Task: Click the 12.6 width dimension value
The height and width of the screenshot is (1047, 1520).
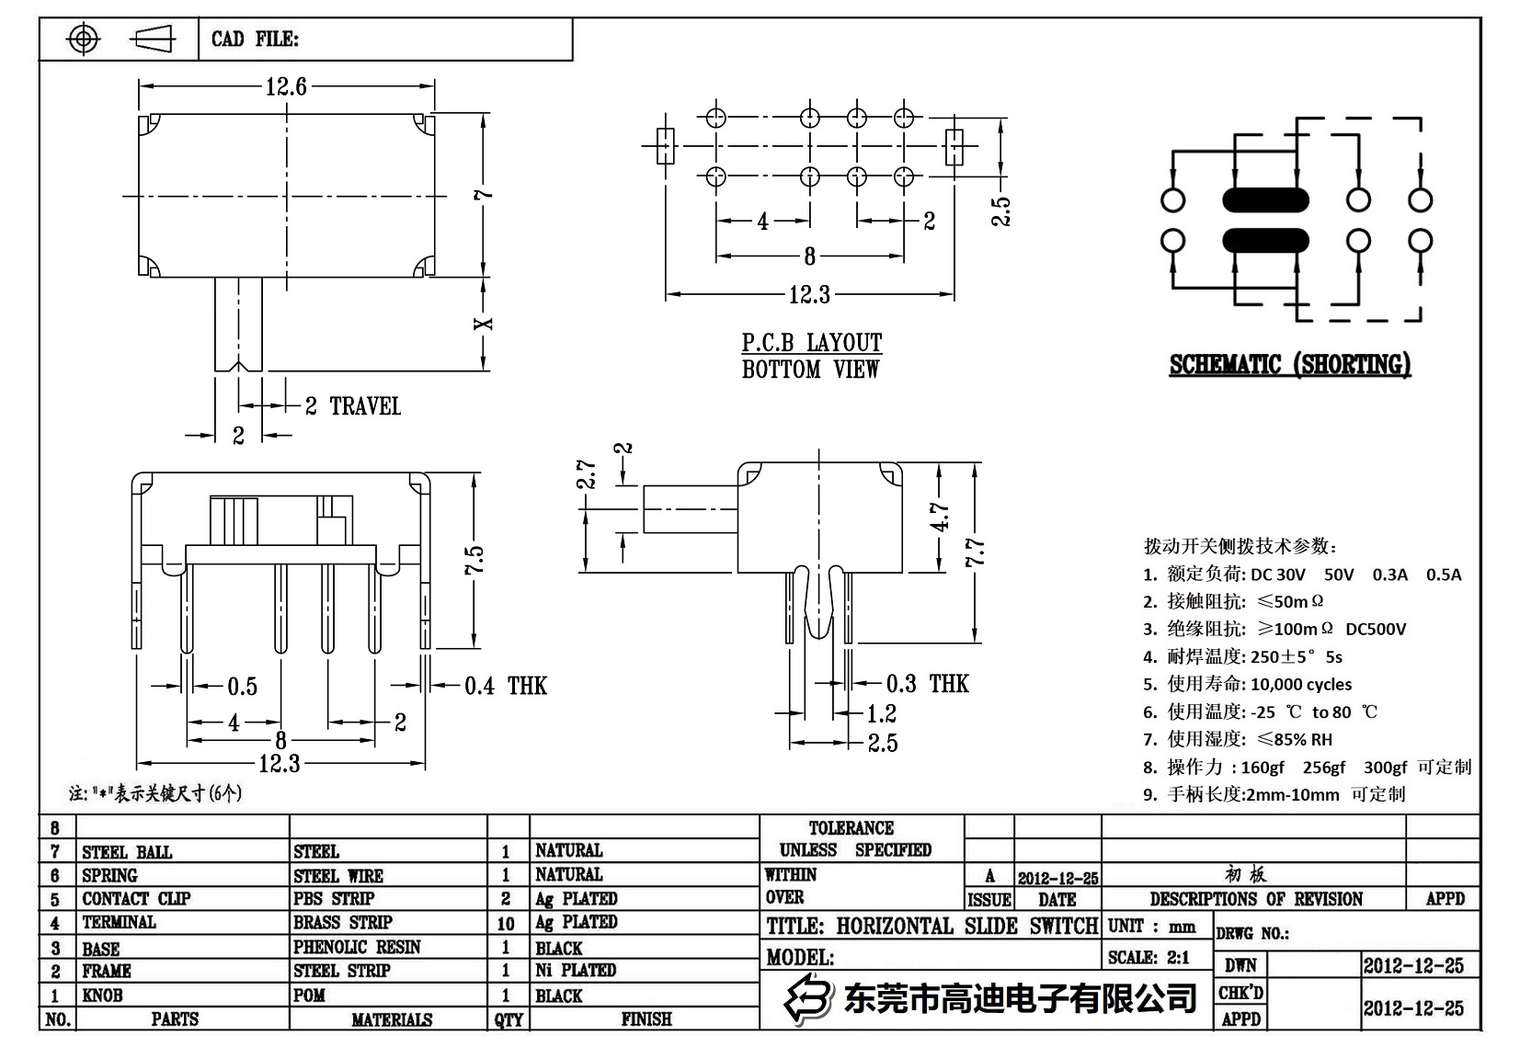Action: click(x=286, y=86)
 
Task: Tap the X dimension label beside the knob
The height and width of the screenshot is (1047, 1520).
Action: click(x=484, y=324)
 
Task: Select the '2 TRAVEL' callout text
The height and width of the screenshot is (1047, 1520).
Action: click(x=353, y=406)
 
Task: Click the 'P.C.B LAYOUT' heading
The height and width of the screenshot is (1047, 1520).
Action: click(x=811, y=343)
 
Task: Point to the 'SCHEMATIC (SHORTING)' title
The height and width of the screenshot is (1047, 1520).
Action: click(x=1289, y=365)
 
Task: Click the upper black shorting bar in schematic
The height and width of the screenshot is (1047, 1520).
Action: click(x=1265, y=199)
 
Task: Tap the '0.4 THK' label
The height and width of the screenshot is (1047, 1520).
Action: click(x=505, y=686)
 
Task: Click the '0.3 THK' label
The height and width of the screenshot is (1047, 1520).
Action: click(x=927, y=684)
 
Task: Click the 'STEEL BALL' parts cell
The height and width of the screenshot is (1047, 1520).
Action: click(x=127, y=852)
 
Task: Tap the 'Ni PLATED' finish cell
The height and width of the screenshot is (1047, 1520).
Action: click(x=576, y=970)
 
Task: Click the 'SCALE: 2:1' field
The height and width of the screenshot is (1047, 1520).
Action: click(x=1149, y=957)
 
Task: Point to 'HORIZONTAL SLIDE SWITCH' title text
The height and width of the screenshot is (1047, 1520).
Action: click(x=966, y=926)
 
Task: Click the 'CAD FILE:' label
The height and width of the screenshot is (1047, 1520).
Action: click(x=255, y=39)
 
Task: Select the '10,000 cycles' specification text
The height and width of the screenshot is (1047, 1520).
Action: click(x=1300, y=684)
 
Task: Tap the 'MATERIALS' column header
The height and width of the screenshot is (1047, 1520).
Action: click(x=391, y=1019)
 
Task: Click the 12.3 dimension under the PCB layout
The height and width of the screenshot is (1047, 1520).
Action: click(x=809, y=294)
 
